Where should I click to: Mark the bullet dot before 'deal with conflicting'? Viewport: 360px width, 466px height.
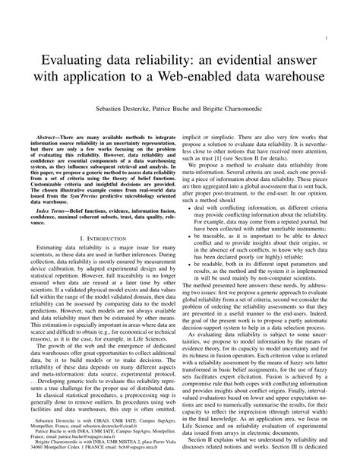(195, 206)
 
